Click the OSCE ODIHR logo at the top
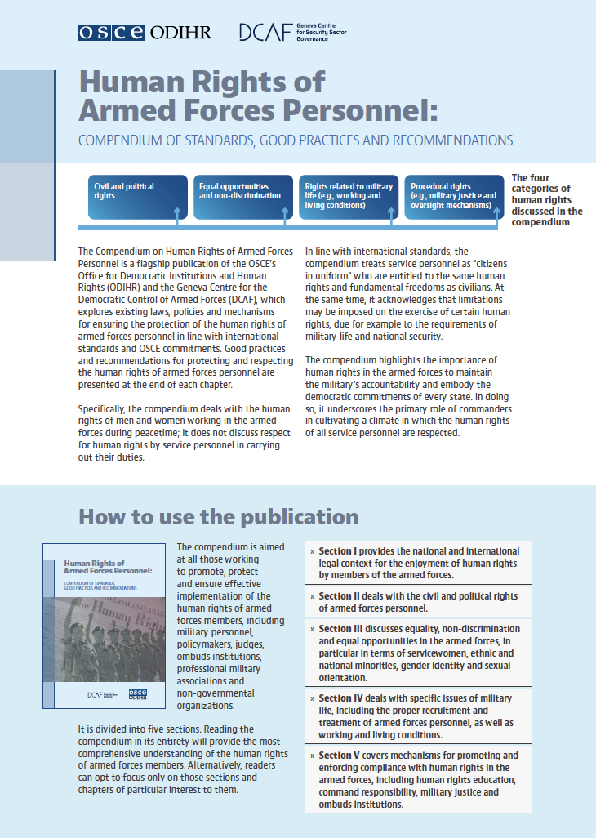click(x=144, y=32)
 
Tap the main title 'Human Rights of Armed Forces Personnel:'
click(x=258, y=96)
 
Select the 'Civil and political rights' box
click(x=136, y=197)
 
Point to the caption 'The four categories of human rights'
click(x=546, y=200)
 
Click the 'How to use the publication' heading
click(x=218, y=517)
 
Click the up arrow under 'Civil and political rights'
click(x=177, y=215)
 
